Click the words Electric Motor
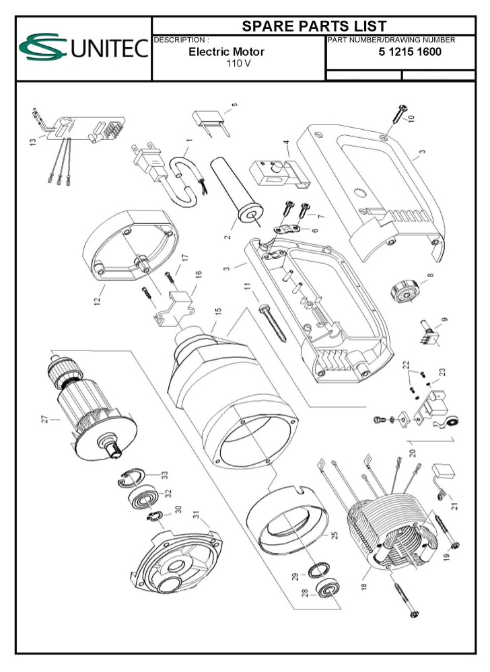(x=226, y=52)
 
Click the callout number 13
(x=33, y=142)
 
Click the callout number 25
(x=334, y=537)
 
